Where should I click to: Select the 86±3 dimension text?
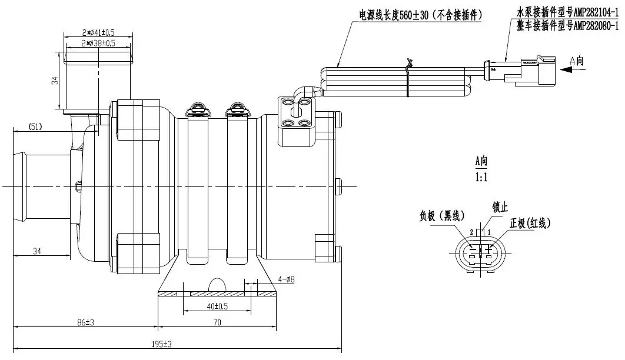coord(85,322)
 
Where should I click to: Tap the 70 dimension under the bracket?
coord(217,322)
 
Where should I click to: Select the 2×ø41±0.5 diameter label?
coord(98,32)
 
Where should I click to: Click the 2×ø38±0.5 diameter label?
coord(98,43)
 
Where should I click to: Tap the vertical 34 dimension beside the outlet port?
coord(55,81)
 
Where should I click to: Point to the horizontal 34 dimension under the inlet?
coord(37,252)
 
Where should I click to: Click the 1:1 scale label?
coord(481,176)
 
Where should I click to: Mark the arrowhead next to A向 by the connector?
coord(567,69)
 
